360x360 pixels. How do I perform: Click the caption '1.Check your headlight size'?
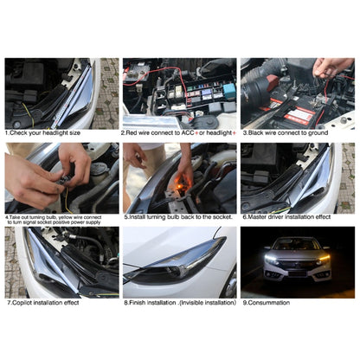pos(42,133)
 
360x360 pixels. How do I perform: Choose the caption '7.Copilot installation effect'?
pos(42,303)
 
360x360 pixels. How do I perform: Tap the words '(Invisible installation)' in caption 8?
pos(206,303)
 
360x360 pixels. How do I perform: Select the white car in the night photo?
pos(296,260)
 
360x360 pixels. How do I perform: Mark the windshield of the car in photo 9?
pos(296,244)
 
